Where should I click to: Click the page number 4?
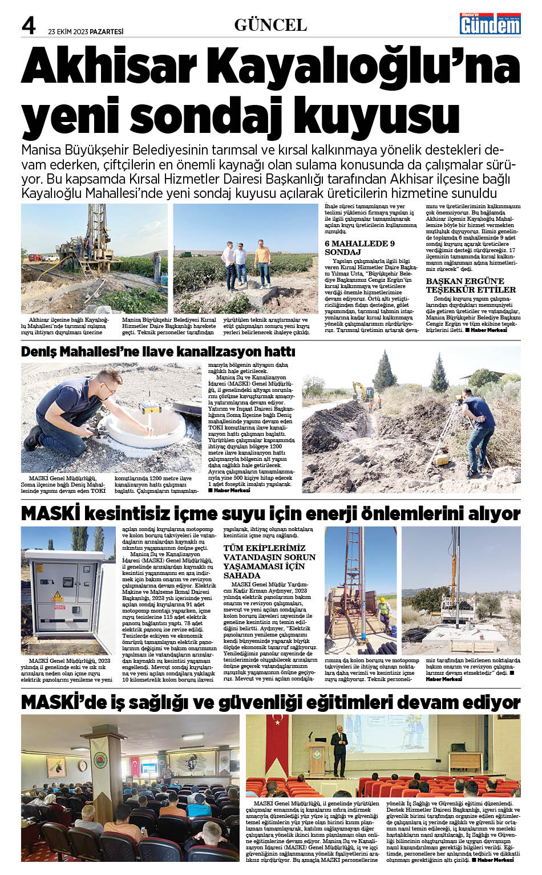(x=29, y=25)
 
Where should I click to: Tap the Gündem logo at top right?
(x=490, y=24)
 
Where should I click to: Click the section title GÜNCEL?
(x=270, y=25)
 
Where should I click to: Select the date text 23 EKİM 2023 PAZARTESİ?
(x=86, y=31)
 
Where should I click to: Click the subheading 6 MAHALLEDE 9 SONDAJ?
(x=360, y=248)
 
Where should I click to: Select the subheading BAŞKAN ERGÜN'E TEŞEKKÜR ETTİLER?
(x=471, y=285)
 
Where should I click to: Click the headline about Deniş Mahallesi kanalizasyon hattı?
(x=158, y=351)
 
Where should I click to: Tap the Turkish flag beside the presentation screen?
(x=278, y=736)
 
